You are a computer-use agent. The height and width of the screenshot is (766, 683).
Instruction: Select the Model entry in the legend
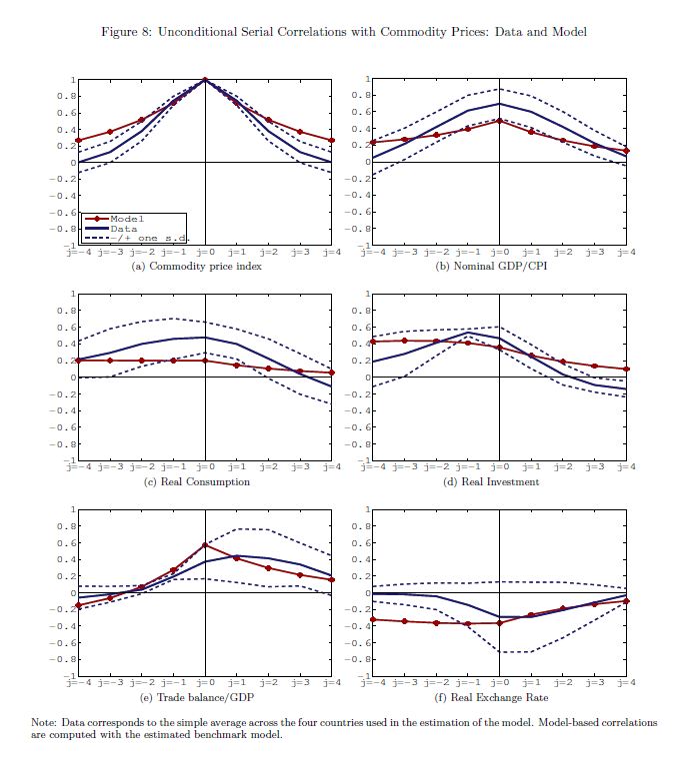point(128,218)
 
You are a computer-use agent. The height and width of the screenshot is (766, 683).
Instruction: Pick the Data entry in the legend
point(124,228)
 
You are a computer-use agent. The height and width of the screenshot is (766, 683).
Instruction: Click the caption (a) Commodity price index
point(204,267)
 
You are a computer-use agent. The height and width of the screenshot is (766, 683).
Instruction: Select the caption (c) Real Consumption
point(204,481)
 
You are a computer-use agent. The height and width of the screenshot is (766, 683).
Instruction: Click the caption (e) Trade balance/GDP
point(204,696)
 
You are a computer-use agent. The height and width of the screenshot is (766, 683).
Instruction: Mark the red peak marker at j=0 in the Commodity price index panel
point(205,80)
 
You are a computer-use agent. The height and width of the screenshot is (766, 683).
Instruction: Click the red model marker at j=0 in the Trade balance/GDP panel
point(205,545)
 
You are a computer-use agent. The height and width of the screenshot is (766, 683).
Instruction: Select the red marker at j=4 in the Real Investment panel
point(627,369)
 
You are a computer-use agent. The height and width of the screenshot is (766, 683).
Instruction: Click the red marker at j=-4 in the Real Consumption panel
point(78,360)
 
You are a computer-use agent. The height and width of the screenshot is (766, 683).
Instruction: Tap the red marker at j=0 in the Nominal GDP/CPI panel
point(499,121)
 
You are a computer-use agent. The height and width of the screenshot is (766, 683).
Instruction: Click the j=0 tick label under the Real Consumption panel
point(205,466)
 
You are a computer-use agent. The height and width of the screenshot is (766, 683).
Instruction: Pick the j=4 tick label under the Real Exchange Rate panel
point(626,681)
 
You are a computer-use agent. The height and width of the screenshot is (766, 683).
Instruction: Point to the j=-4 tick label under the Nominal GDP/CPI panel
point(373,252)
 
